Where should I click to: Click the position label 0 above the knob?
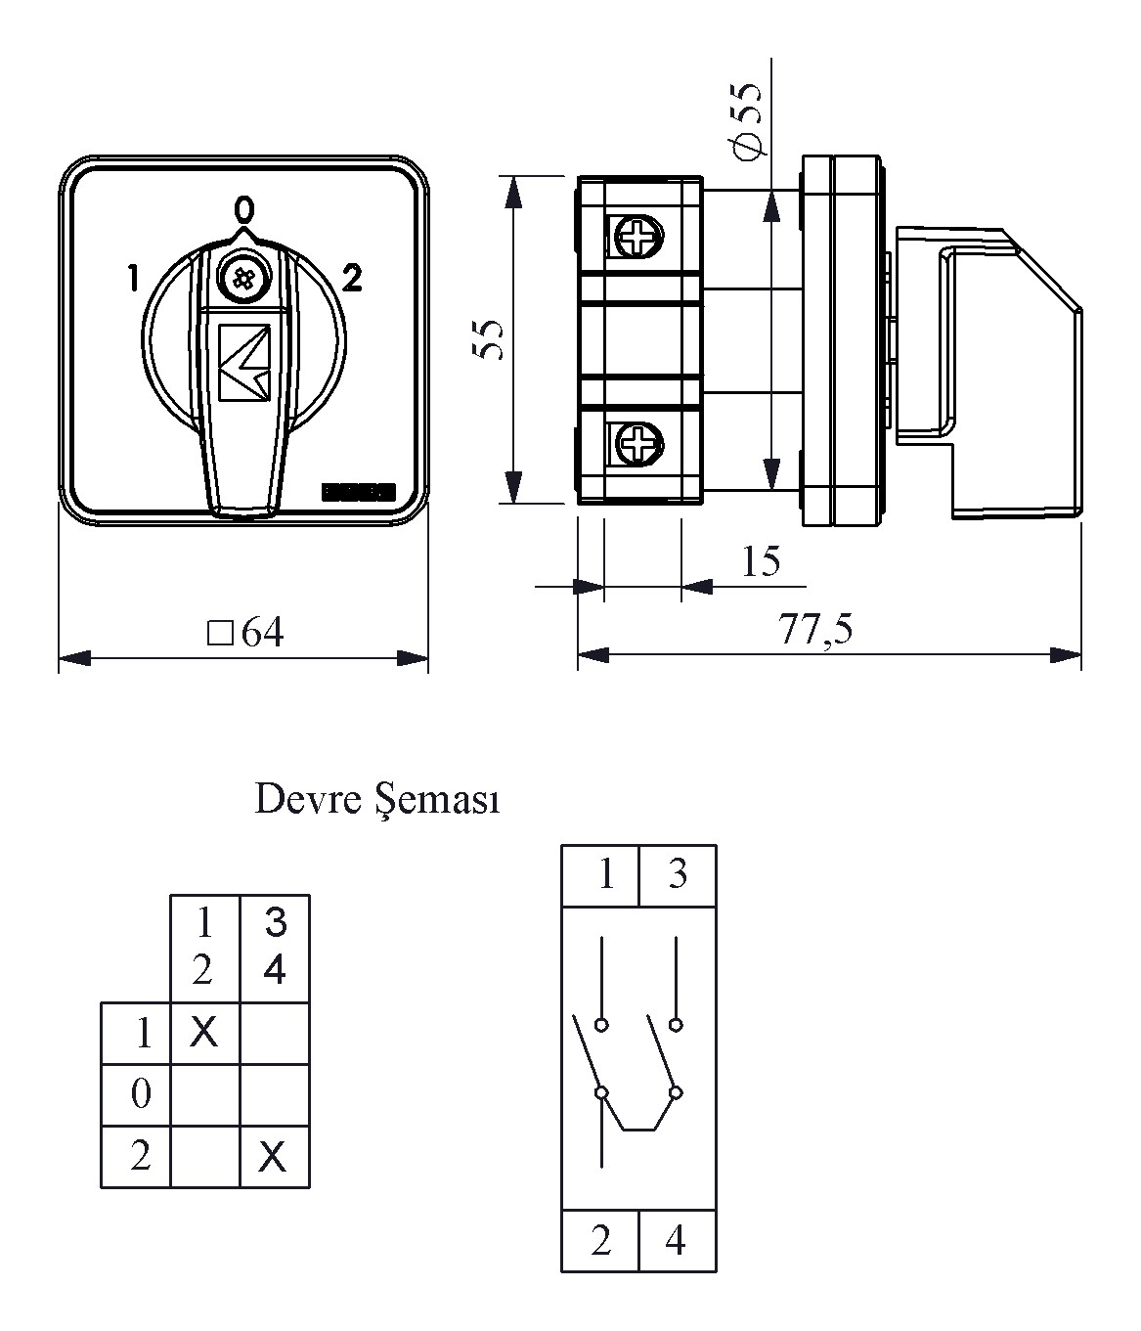click(x=244, y=210)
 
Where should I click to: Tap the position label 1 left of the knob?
click(x=133, y=278)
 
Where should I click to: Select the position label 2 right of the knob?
click(x=352, y=278)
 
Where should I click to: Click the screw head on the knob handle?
click(x=242, y=278)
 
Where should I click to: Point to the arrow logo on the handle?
click(x=244, y=363)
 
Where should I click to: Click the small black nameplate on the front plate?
click(x=358, y=493)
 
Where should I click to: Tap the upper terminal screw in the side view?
click(x=638, y=238)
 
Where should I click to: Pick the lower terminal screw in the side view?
click(x=638, y=444)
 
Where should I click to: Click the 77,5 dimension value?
click(x=815, y=628)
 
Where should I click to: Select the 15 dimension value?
click(x=761, y=560)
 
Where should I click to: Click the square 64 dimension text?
click(x=245, y=632)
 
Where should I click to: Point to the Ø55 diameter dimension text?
click(x=747, y=122)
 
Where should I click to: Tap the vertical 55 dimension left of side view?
click(x=488, y=338)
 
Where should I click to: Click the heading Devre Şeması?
click(x=378, y=800)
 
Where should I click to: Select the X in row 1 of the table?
click(x=204, y=1032)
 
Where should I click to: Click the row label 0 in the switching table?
click(x=141, y=1094)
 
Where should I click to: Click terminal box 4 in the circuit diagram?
click(x=678, y=1241)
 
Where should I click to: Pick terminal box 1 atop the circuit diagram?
click(x=600, y=875)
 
